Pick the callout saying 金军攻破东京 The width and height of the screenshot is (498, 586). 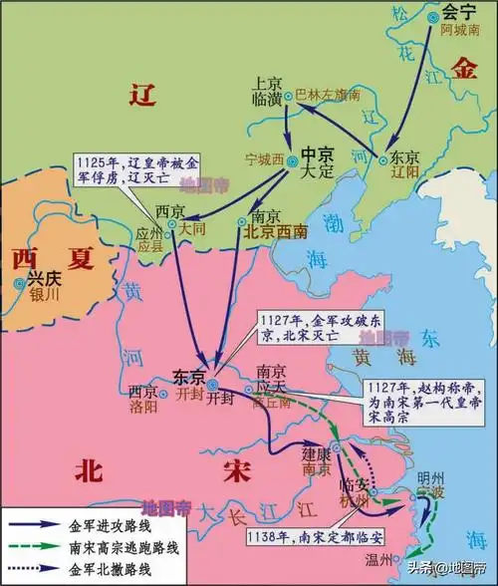299,328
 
